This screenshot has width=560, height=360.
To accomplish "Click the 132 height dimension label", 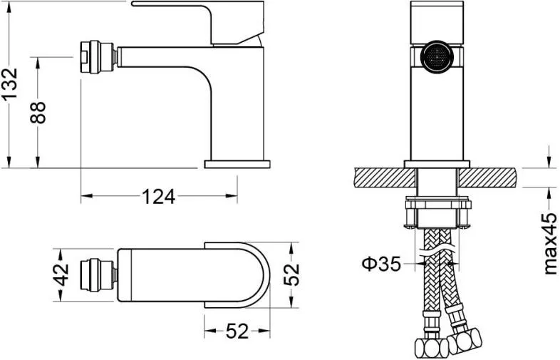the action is pyautogui.click(x=9, y=83).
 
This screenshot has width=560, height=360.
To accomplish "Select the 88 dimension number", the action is pyautogui.click(x=38, y=113).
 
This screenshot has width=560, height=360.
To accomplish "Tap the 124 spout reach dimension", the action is pyautogui.click(x=159, y=197).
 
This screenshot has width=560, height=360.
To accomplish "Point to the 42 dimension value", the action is pyautogui.click(x=61, y=275).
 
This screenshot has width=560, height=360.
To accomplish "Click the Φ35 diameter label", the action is pyautogui.click(x=380, y=264).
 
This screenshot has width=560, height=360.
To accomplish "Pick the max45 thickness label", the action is pyautogui.click(x=550, y=244).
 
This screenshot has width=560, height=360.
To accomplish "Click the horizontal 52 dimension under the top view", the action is pyautogui.click(x=237, y=331).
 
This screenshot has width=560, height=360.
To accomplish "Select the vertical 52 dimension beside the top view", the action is pyautogui.click(x=291, y=274).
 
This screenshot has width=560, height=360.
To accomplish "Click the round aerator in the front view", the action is pyautogui.click(x=437, y=57).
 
